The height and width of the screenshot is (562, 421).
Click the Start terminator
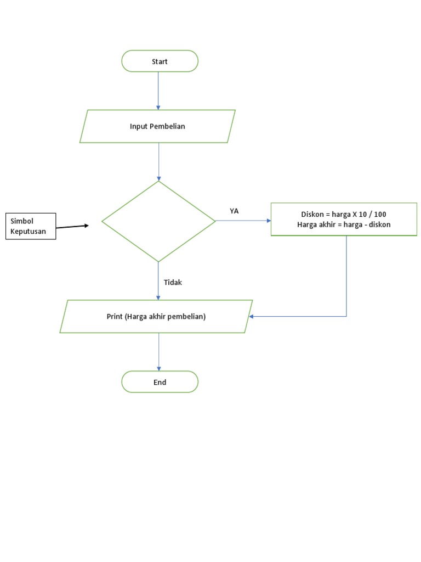[160, 61]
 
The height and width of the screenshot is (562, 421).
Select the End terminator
[160, 382]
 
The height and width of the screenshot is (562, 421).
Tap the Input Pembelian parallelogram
[157, 126]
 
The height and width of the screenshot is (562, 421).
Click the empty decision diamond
[159, 221]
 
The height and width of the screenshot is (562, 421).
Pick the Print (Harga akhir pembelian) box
[156, 317]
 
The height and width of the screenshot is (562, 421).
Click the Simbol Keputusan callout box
[32, 226]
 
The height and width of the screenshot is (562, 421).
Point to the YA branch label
[234, 211]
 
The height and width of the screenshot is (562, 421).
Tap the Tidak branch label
[173, 283]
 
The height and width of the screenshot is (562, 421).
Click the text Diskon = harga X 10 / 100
[344, 214]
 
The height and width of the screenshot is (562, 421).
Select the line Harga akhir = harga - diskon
[344, 224]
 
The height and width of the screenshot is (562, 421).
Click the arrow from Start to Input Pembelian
[158, 91]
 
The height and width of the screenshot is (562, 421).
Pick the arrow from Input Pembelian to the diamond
[159, 162]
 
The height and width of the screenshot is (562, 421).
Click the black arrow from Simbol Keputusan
[72, 226]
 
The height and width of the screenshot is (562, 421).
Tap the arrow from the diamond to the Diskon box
[243, 221]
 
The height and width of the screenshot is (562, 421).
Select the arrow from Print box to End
[159, 352]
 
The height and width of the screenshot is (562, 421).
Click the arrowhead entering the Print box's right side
[251, 317]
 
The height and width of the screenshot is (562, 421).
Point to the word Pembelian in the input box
[167, 126]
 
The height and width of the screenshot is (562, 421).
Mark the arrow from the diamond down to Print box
[158, 281]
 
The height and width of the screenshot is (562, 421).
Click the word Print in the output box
[115, 317]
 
